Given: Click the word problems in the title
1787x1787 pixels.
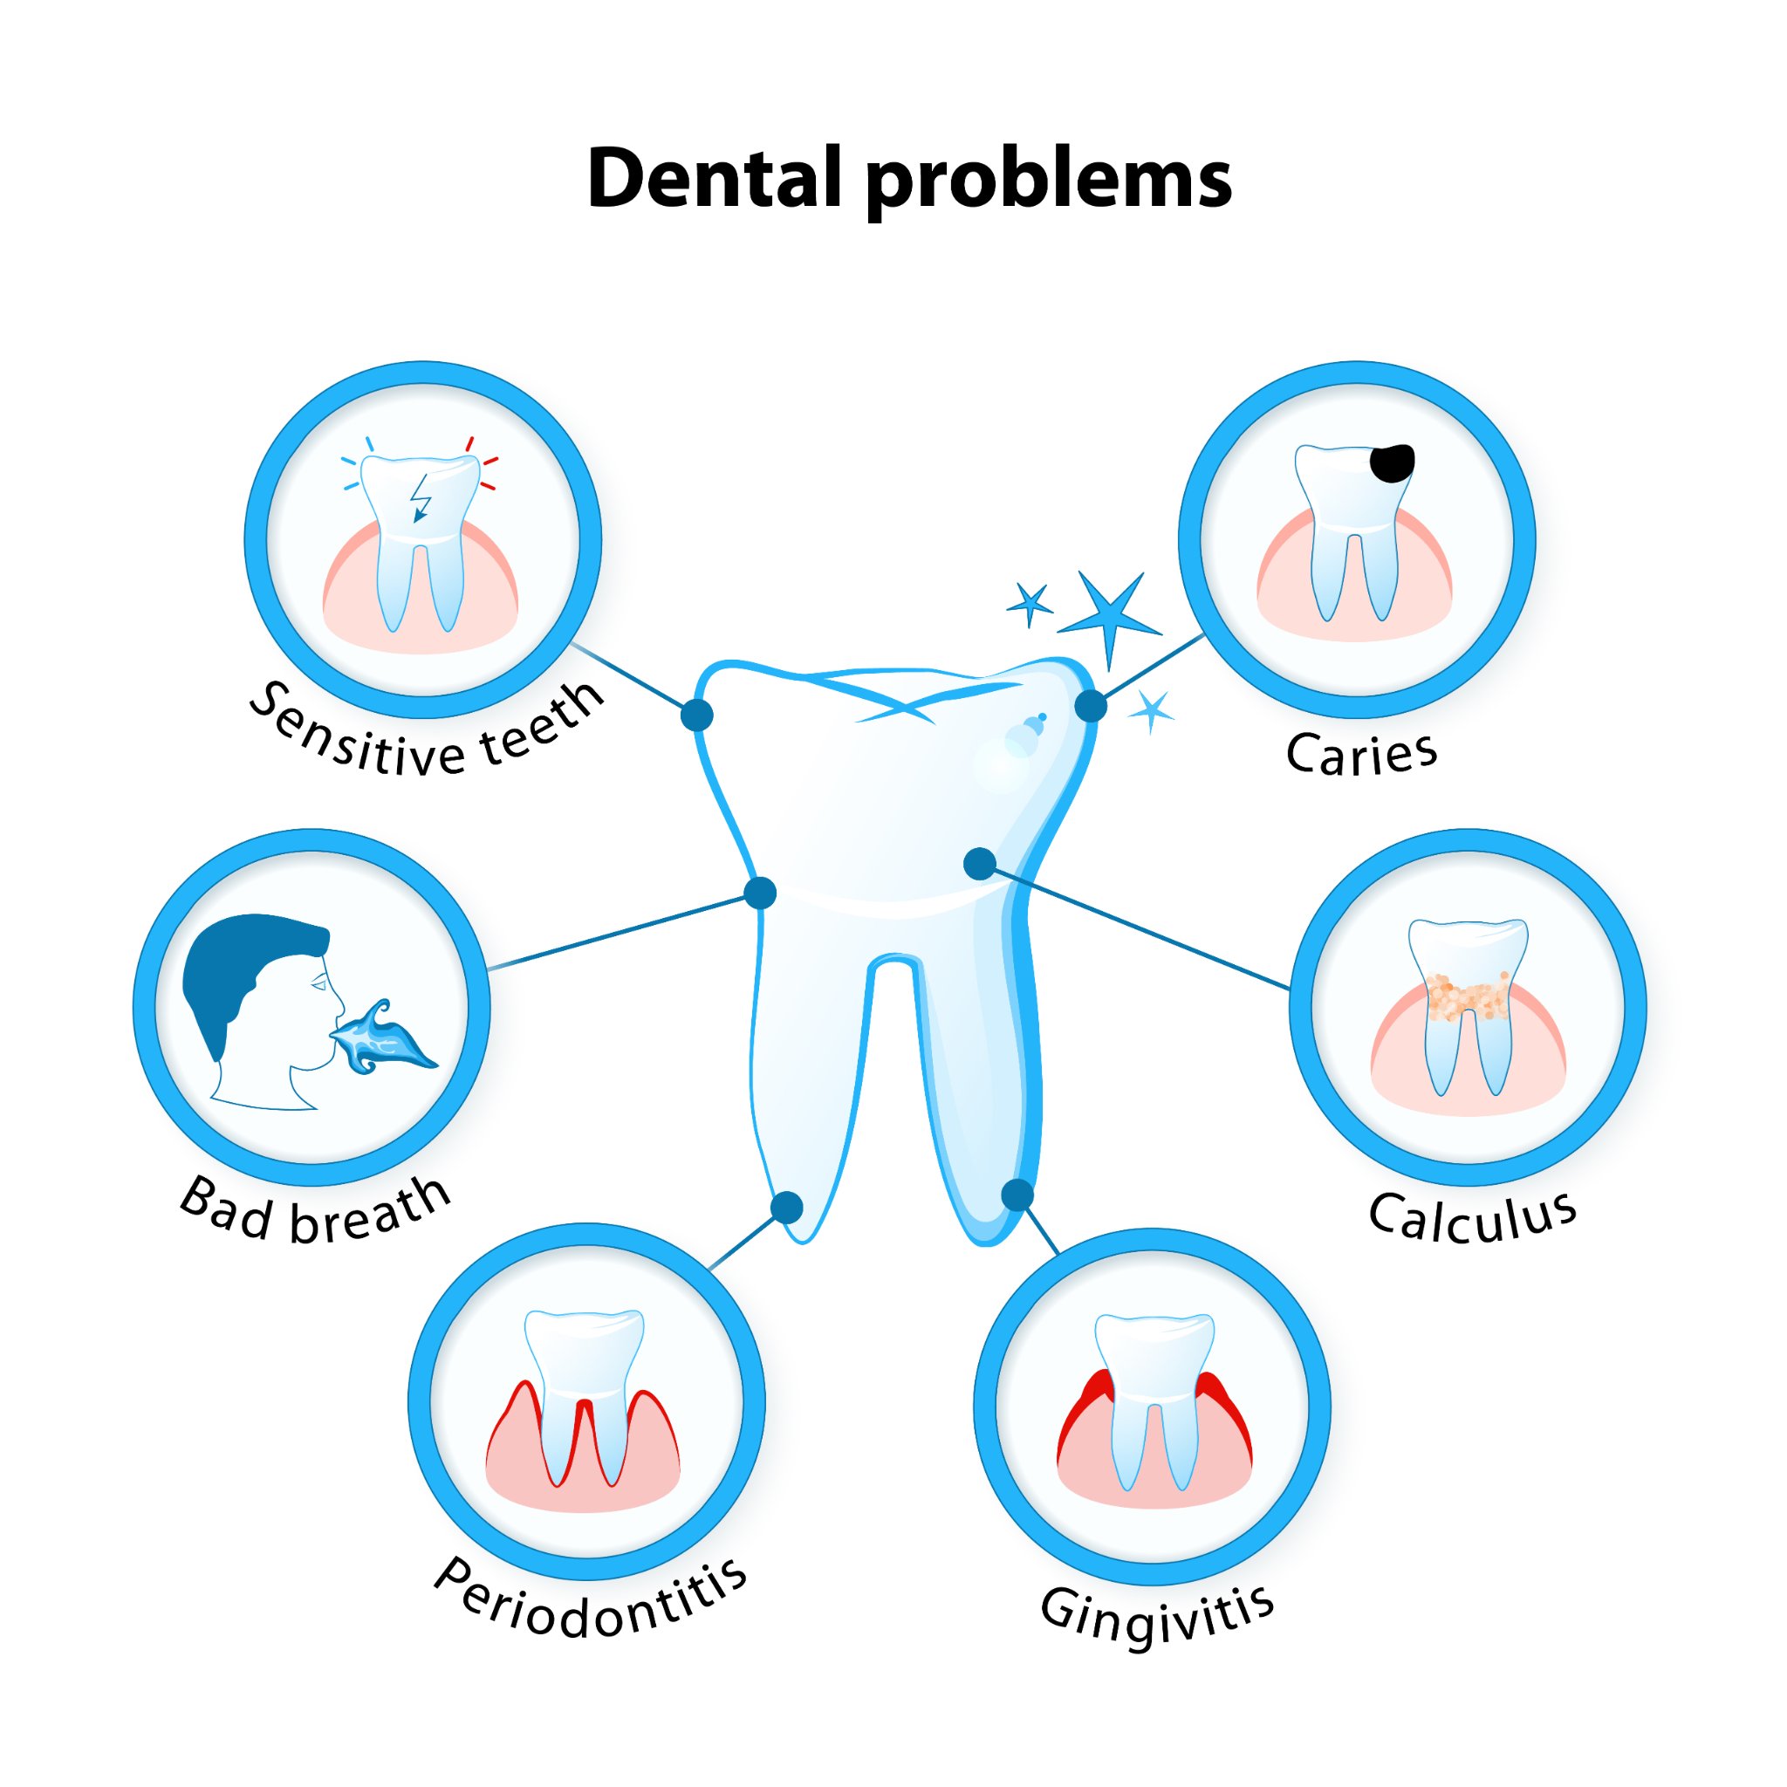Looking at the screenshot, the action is point(1048,183).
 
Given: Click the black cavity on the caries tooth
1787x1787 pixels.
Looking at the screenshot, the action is point(1392,462).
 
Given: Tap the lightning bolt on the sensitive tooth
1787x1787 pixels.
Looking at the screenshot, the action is point(421,497).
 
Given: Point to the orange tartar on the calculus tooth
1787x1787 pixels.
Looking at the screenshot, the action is point(1468,996).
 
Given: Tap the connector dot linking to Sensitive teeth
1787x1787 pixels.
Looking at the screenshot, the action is point(696,715).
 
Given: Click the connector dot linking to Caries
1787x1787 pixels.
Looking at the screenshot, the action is point(1092,706).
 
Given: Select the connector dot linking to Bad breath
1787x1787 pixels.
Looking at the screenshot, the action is point(760,893).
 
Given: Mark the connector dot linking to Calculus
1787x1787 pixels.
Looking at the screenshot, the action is point(980,864).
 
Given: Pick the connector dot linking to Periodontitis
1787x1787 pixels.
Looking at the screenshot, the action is point(786,1207).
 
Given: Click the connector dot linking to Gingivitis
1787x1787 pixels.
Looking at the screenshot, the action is point(1017,1195).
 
